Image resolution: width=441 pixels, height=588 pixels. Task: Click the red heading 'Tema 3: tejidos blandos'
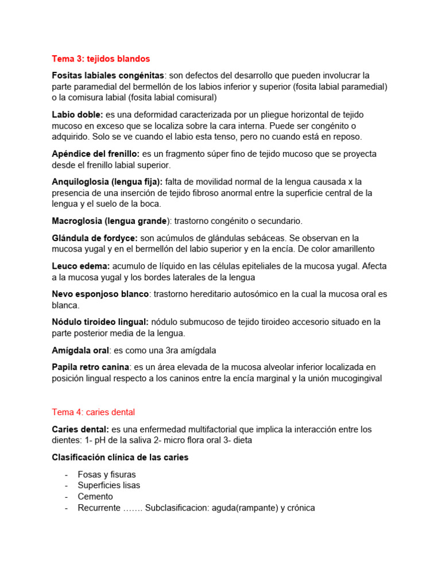(100, 59)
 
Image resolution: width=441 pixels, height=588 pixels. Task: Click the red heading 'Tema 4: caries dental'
(94, 412)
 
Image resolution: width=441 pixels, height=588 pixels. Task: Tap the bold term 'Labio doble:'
(78, 115)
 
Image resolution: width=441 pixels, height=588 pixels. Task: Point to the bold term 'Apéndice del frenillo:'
(96, 154)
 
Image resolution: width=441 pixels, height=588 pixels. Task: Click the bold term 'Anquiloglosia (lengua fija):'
(107, 181)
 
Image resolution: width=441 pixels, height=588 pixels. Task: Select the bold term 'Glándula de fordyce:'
(95, 238)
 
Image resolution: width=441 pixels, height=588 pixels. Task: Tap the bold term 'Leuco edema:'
(81, 266)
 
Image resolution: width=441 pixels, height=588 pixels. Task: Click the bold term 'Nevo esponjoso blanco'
(100, 294)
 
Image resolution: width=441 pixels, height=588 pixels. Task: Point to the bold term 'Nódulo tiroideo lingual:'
(100, 322)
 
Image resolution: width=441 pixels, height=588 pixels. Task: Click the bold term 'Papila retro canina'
(90, 367)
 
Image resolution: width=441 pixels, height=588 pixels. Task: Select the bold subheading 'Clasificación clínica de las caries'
(120, 458)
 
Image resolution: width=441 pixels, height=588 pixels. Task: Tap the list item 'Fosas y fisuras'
(107, 475)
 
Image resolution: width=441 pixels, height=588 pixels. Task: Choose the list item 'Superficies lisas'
(109, 486)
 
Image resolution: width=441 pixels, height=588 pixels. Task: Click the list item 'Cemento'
(95, 497)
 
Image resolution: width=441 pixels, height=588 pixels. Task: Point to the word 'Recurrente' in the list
(99, 508)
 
